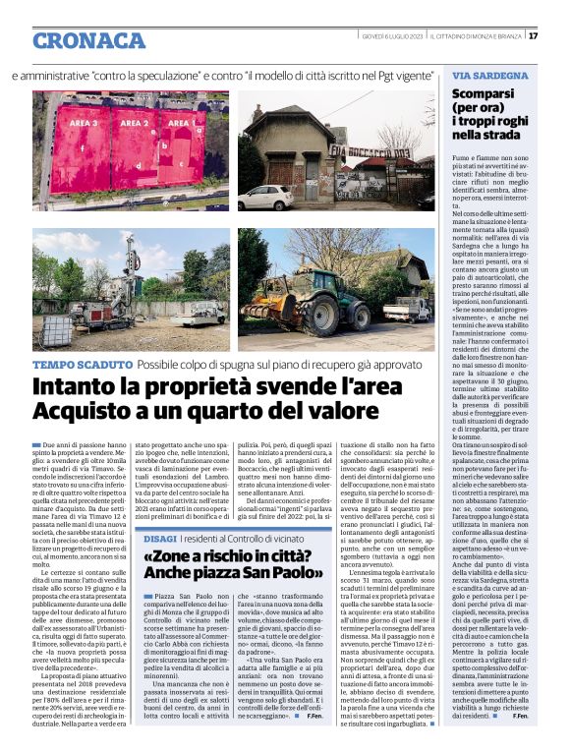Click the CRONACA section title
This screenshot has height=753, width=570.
click(88, 40)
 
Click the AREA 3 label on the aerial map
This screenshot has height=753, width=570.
click(83, 125)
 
